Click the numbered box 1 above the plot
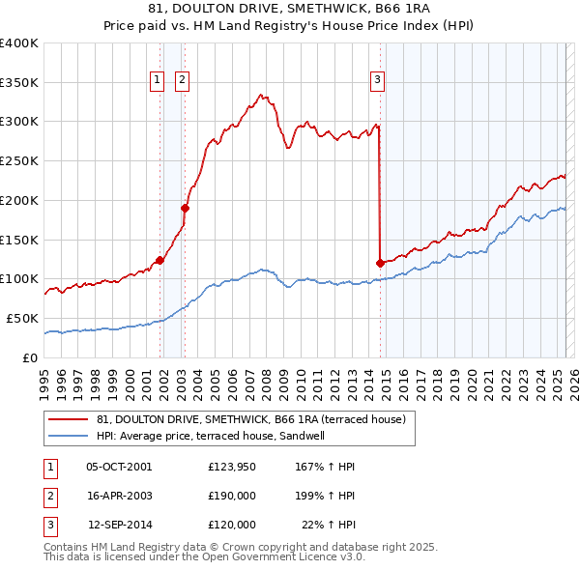point(157,81)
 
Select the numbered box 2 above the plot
point(182,81)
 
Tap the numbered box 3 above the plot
point(377,81)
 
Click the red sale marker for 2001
point(159,259)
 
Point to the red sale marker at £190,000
point(186,207)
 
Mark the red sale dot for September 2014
point(380,262)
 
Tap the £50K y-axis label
point(23,318)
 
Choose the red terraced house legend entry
point(256,418)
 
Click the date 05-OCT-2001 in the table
point(118,468)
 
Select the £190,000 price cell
point(232,496)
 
